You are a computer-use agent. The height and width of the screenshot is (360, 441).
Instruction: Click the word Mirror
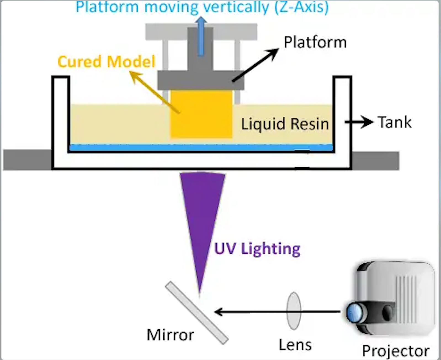click(x=170, y=335)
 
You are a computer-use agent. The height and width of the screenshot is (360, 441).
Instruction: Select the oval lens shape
click(x=294, y=311)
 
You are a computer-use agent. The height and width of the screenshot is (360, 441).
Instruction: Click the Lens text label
click(x=295, y=345)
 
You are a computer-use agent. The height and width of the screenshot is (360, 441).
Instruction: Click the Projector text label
click(x=396, y=351)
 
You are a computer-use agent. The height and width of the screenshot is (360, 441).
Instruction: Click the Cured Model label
click(x=107, y=61)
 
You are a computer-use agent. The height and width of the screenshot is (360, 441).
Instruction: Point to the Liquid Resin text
click(x=285, y=124)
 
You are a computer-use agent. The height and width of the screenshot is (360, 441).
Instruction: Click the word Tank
click(x=395, y=122)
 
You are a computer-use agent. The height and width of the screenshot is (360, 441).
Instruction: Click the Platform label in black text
click(x=315, y=42)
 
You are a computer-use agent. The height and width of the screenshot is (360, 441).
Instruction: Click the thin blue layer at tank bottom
click(x=201, y=148)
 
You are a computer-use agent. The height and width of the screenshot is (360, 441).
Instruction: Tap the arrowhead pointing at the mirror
click(x=219, y=312)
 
